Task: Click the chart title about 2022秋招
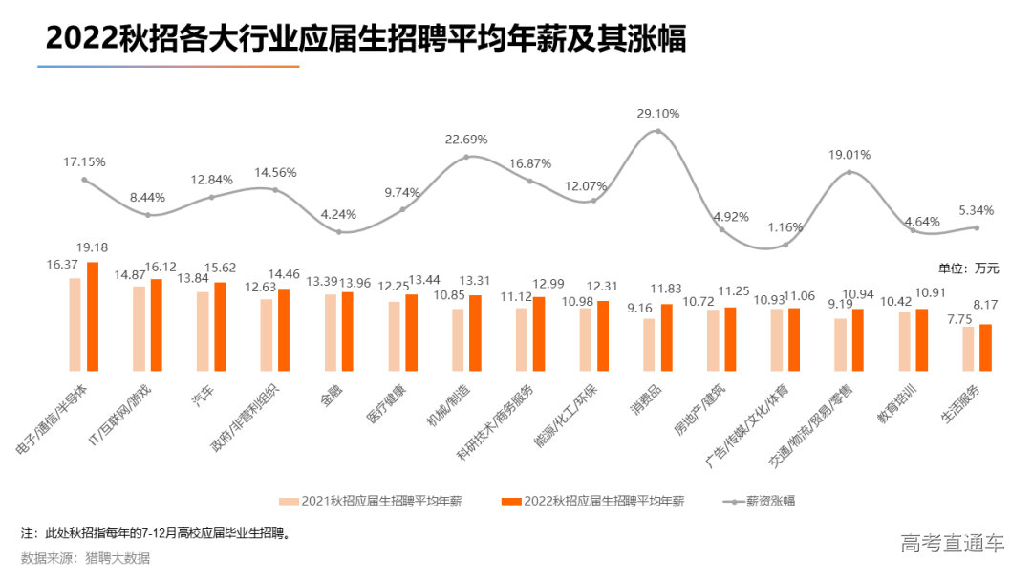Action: click(x=366, y=38)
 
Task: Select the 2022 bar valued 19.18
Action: click(x=93, y=316)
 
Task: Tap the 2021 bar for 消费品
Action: click(x=649, y=344)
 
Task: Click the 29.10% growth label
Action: click(x=657, y=114)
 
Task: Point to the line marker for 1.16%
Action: click(x=785, y=245)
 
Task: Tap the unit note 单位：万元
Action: click(x=966, y=268)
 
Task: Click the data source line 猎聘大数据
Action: click(x=85, y=558)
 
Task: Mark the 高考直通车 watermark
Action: click(x=953, y=544)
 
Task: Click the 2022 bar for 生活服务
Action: click(x=985, y=347)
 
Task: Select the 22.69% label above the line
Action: click(x=466, y=140)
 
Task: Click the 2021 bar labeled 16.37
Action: click(x=75, y=324)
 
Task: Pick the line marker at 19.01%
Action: click(x=849, y=172)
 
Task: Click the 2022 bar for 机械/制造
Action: click(x=475, y=333)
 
